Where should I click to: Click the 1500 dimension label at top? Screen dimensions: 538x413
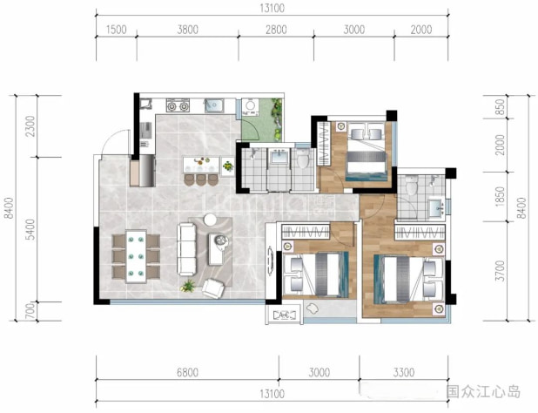[117, 30]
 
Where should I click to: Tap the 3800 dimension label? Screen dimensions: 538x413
[188, 30]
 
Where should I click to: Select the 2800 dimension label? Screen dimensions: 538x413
[276, 30]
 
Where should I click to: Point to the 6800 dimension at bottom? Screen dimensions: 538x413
[187, 372]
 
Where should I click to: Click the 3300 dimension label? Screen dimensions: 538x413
[404, 372]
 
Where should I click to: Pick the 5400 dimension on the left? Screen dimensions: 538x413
[30, 229]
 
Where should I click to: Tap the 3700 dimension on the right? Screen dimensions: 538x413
[501, 271]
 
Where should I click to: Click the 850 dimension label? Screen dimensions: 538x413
[501, 107]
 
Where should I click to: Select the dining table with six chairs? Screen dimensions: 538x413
[136, 256]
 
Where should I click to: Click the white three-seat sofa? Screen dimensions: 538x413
[186, 249]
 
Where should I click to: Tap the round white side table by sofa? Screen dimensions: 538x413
[210, 220]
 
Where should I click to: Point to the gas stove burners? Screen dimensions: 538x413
[178, 105]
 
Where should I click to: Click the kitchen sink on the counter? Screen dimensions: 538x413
[214, 105]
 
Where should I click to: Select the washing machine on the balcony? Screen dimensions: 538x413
[250, 106]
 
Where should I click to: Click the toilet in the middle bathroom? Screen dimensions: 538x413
[303, 158]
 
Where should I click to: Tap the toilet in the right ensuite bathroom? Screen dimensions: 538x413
[411, 186]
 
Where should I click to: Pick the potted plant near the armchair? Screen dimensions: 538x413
[188, 286]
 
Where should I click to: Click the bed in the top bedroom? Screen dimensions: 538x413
[366, 151]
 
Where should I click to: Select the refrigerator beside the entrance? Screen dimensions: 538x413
[147, 171]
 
